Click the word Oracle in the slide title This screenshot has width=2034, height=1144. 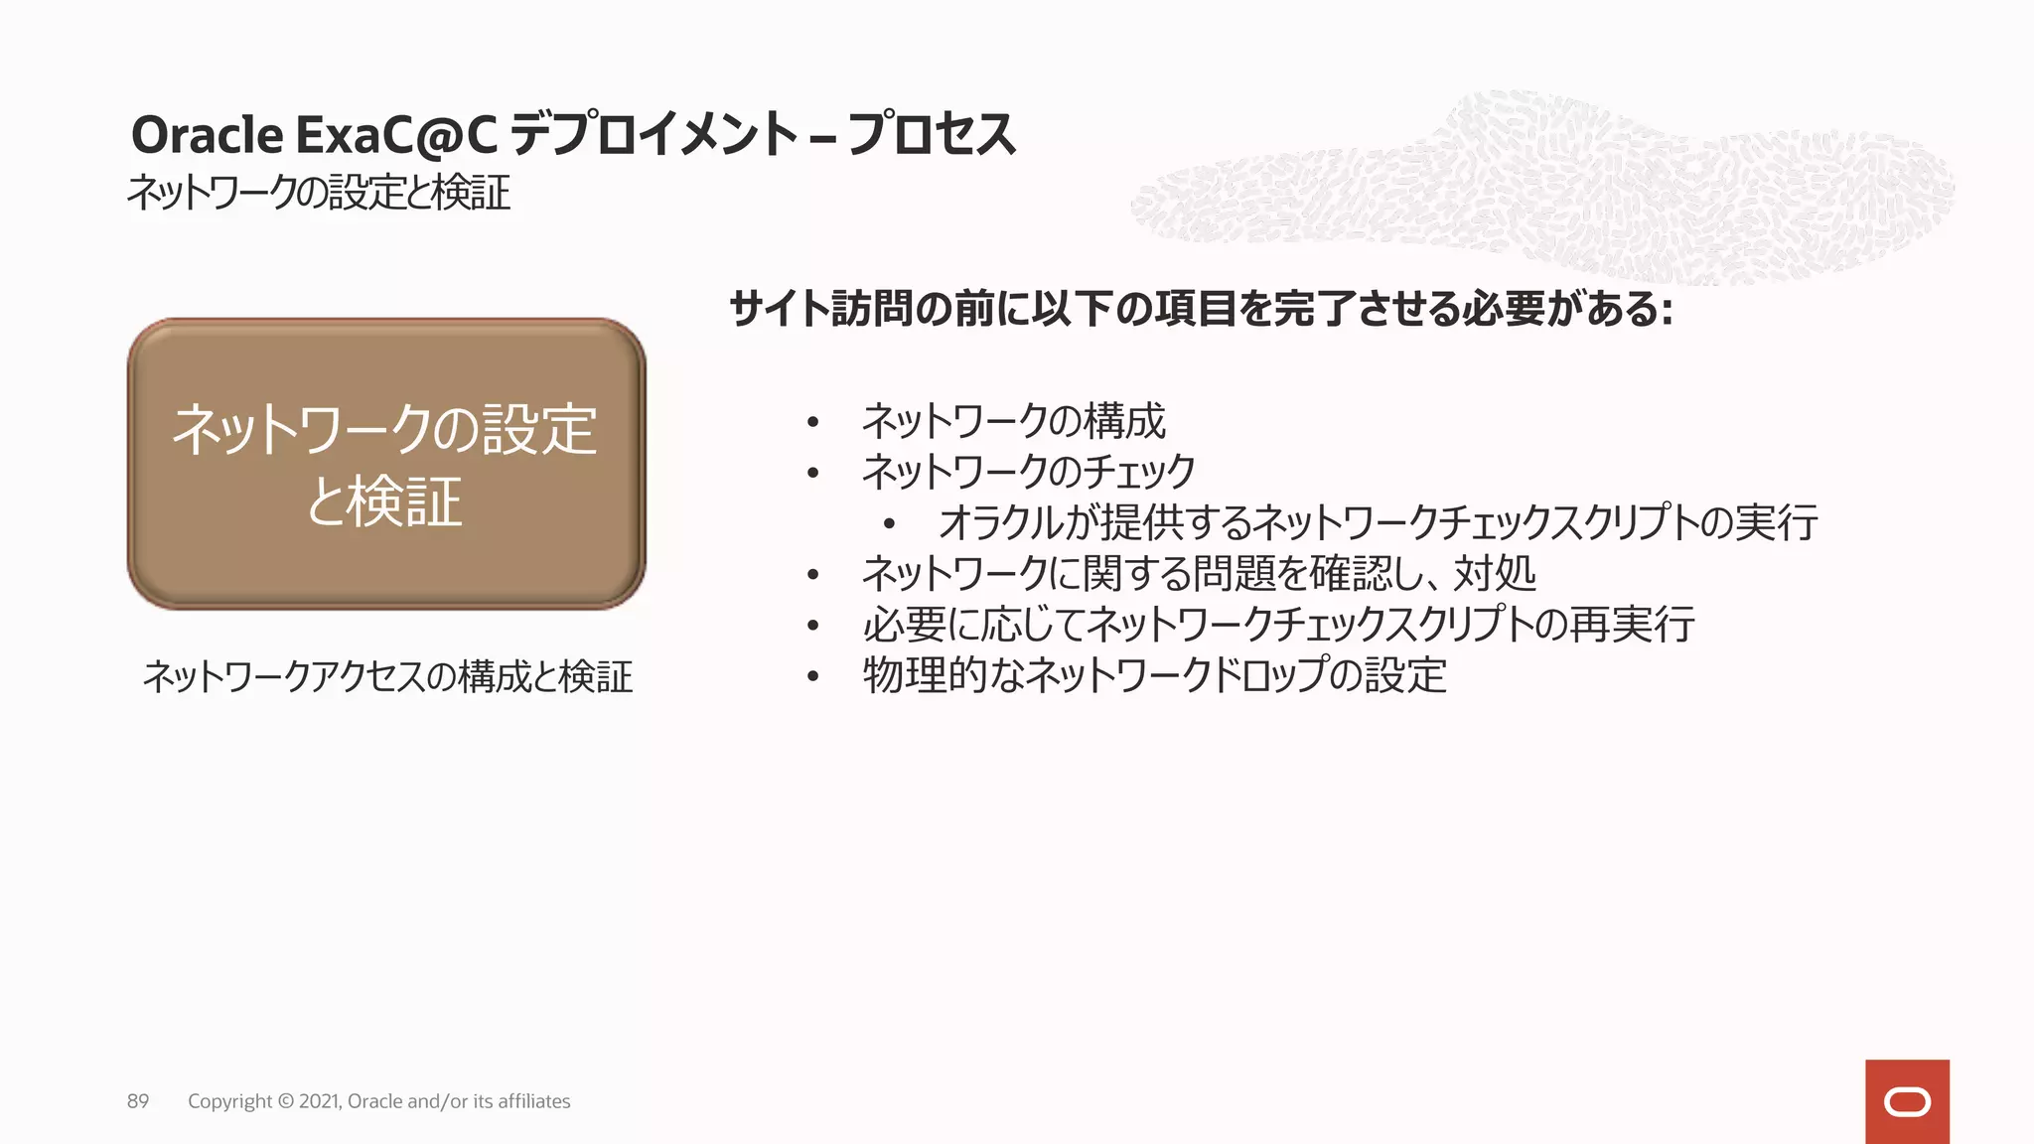click(x=207, y=135)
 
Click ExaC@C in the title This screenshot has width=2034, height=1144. click(x=395, y=135)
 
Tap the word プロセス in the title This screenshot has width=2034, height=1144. click(x=932, y=135)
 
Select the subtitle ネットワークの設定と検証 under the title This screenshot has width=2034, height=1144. click(x=318, y=193)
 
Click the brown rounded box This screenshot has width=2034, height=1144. click(x=386, y=464)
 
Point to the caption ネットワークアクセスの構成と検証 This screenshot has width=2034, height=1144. click(x=387, y=677)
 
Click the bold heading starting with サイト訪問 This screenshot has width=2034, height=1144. click(x=1201, y=309)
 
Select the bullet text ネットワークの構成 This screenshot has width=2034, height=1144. click(x=1013, y=422)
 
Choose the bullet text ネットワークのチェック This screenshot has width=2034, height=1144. click(x=1028, y=472)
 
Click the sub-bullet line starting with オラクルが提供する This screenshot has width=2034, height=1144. click(x=1378, y=523)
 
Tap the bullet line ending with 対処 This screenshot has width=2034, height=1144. click(x=1199, y=574)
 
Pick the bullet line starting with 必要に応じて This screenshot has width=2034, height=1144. click(x=1278, y=625)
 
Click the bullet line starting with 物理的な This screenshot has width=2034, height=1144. click(x=1154, y=676)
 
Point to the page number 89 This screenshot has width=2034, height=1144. click(x=138, y=1101)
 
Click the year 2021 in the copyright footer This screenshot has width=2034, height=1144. click(x=318, y=1101)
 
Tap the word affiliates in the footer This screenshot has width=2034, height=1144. click(x=534, y=1101)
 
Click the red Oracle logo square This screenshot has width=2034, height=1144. click(x=1907, y=1101)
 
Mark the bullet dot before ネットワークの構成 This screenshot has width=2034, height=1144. click(x=813, y=423)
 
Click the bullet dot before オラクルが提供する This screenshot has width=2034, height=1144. click(x=889, y=524)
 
